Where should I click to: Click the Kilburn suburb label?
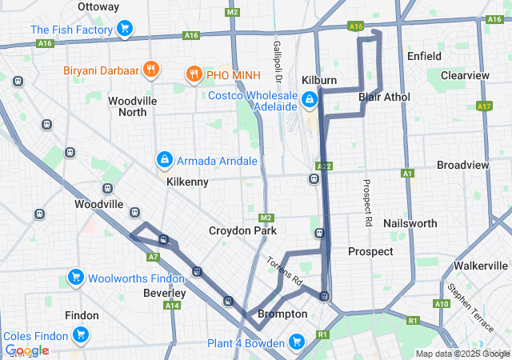[x=319, y=81]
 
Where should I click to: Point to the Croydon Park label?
[x=242, y=230]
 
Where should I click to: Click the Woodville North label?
[x=133, y=106]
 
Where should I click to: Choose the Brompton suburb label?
[x=282, y=314]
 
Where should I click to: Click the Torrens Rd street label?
[x=285, y=272]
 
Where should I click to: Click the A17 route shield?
[x=482, y=106]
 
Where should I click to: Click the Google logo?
[x=26, y=350]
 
